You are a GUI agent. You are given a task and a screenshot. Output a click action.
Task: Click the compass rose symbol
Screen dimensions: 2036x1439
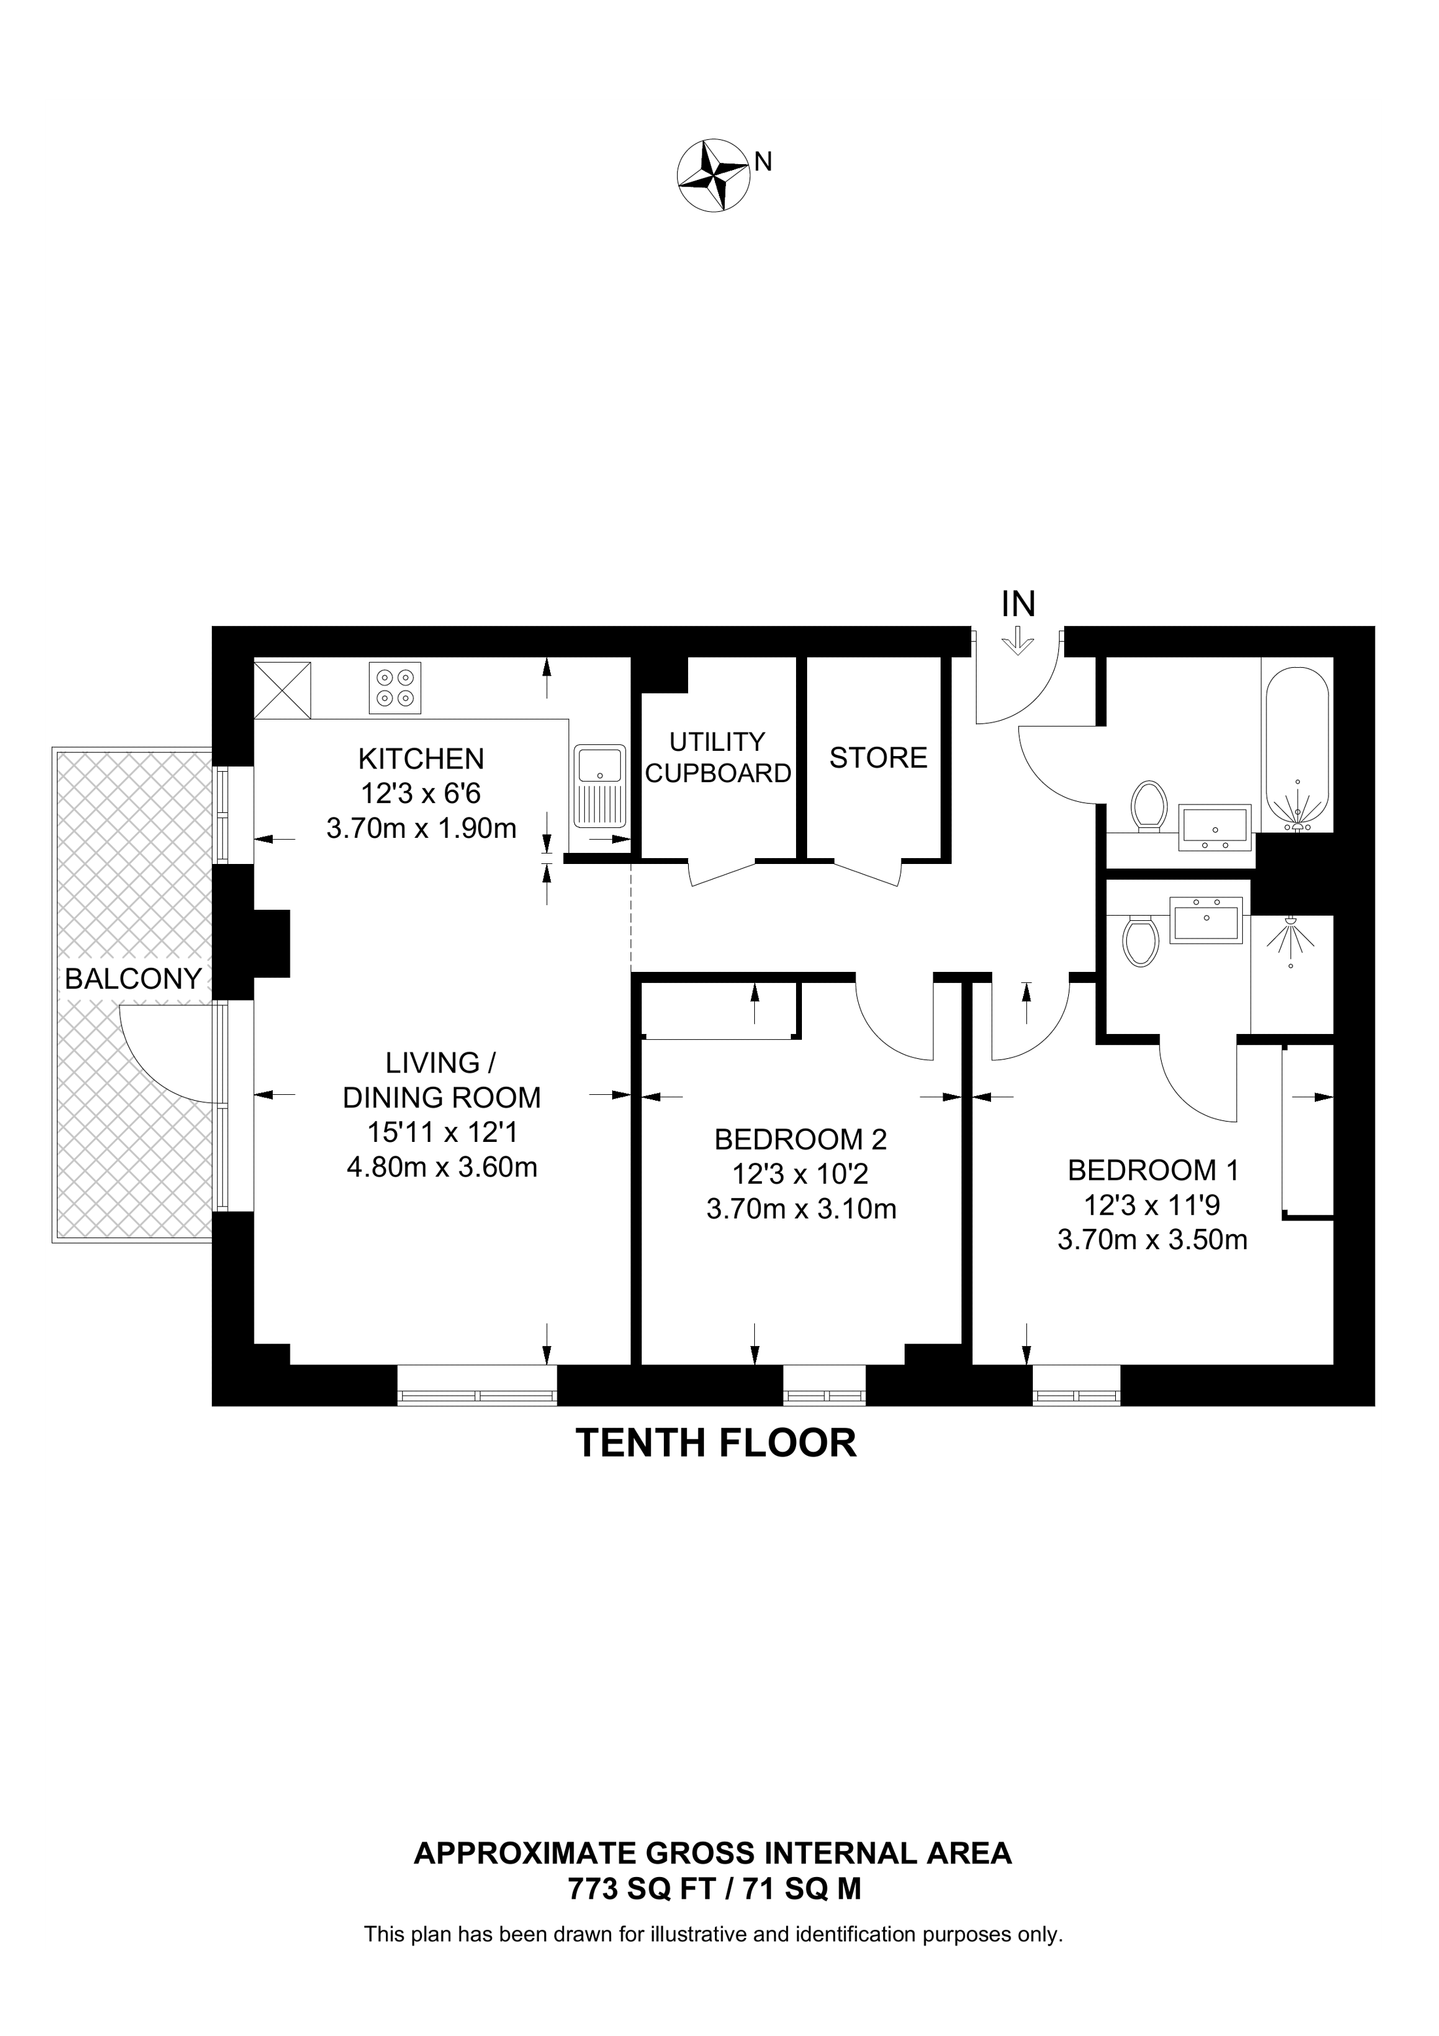pyautogui.click(x=712, y=175)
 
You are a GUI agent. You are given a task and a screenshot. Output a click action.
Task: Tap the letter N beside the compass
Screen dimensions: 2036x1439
pyautogui.click(x=763, y=162)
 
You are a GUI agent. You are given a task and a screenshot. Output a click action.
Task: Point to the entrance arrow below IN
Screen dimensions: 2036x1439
pyautogui.click(x=1018, y=641)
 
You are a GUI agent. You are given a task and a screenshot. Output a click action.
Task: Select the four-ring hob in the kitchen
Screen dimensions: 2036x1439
pyautogui.click(x=394, y=687)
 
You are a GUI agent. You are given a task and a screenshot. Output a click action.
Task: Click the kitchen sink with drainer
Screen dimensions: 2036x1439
pyautogui.click(x=599, y=785)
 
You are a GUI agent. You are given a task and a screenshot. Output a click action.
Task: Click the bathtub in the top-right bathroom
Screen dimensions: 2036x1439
pyautogui.click(x=1296, y=750)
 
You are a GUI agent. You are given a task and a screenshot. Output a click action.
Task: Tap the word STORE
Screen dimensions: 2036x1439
pyautogui.click(x=878, y=757)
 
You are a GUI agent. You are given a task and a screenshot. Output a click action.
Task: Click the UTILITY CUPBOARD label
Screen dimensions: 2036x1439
pyautogui.click(x=718, y=757)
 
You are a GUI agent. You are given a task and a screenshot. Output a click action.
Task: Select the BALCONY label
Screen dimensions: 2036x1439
pyautogui.click(x=133, y=979)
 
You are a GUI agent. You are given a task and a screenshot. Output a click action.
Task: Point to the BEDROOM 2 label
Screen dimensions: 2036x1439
pyautogui.click(x=800, y=1139)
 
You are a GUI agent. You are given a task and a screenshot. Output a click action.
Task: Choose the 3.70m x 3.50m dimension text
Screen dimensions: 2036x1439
pyautogui.click(x=1152, y=1239)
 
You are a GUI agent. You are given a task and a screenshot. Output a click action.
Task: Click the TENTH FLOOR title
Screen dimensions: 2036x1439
pyautogui.click(x=716, y=1443)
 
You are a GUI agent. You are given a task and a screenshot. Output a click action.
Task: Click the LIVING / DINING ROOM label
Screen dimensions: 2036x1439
pyautogui.click(x=441, y=1080)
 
